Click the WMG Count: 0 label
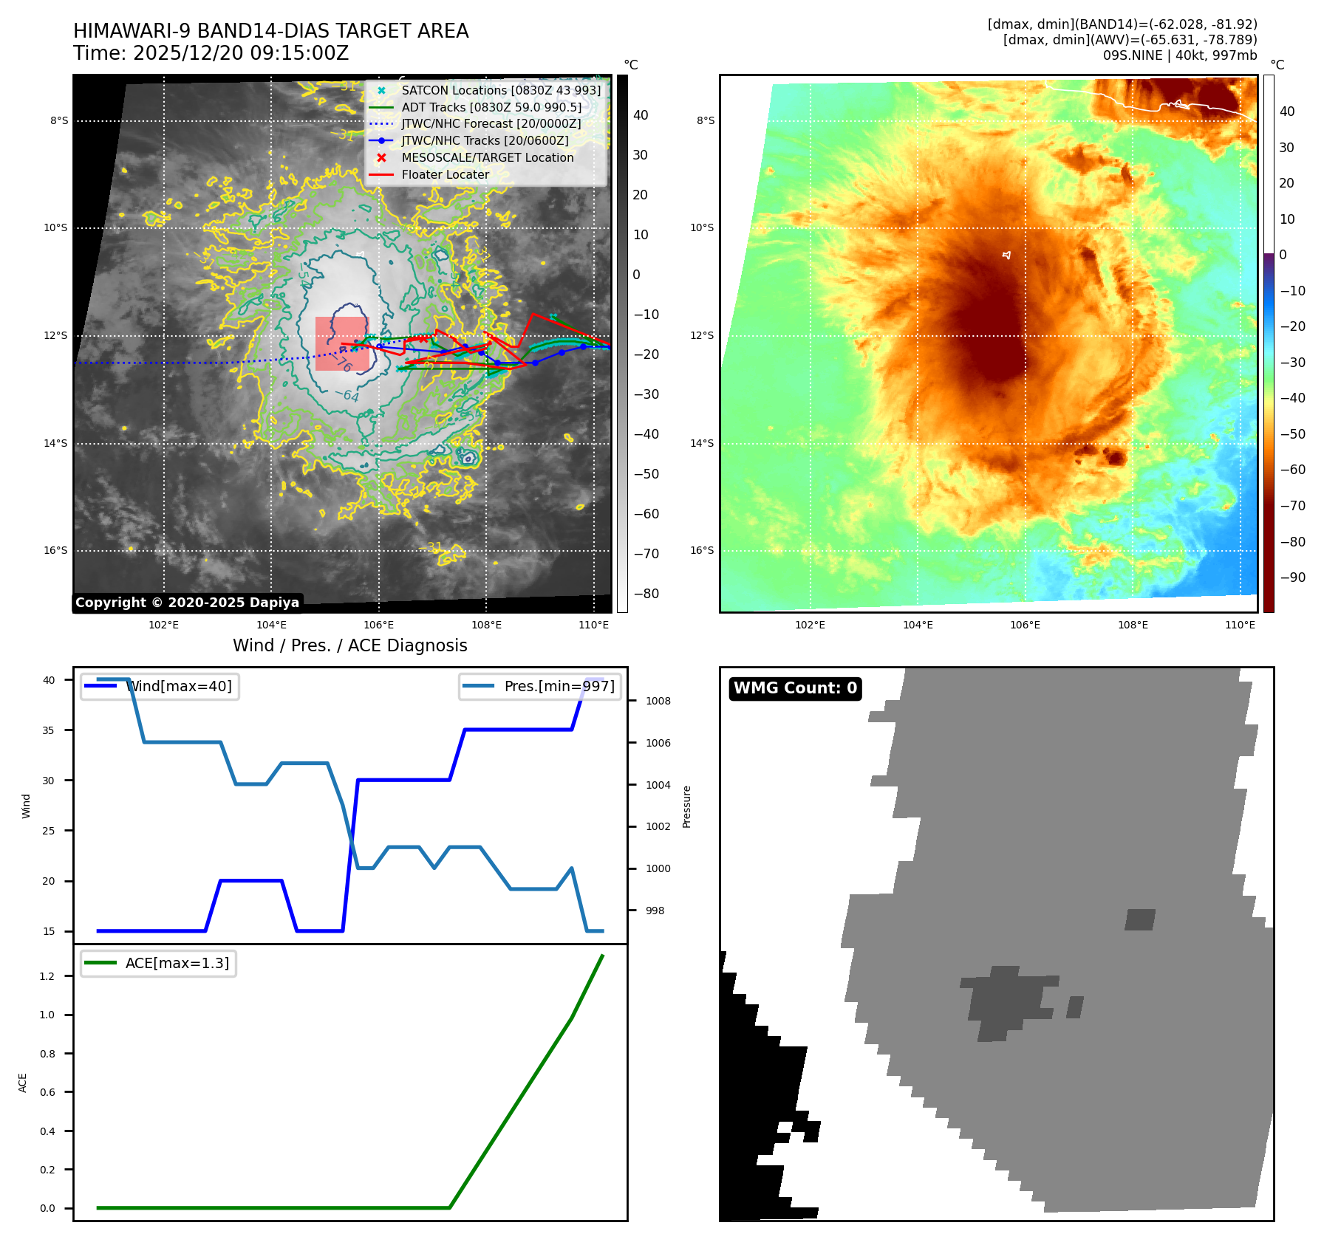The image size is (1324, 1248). (795, 688)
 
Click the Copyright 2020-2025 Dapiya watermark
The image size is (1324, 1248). (187, 603)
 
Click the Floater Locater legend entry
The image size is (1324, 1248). (445, 174)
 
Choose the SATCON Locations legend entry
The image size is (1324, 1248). (501, 90)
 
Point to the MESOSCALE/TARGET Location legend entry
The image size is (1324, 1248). (487, 157)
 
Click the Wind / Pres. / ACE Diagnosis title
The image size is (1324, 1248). (349, 645)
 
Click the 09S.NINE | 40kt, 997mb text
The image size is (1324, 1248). (1179, 55)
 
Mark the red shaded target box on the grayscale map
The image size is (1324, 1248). (341, 343)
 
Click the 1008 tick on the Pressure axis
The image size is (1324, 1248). (658, 701)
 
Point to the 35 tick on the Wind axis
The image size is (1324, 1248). (49, 730)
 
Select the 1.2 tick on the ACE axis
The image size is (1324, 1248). (47, 976)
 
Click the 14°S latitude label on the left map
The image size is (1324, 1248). (55, 443)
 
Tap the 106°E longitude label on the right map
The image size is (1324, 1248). (1025, 625)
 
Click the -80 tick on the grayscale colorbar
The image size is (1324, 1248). (646, 594)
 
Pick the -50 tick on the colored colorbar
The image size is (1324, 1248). (1292, 434)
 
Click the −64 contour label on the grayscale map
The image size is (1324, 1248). (347, 396)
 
